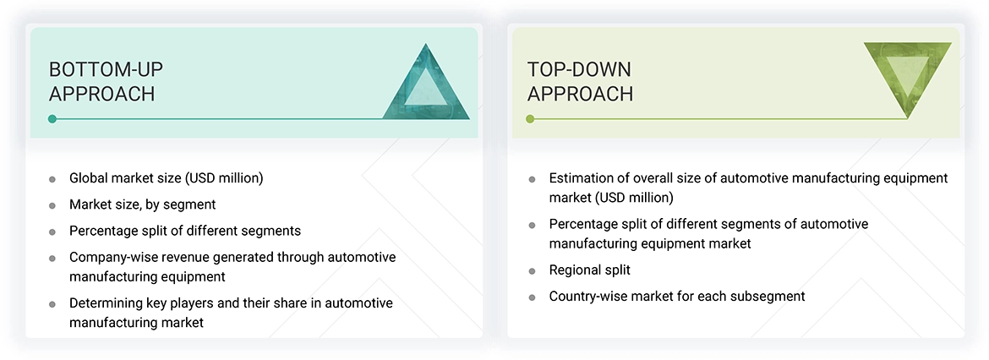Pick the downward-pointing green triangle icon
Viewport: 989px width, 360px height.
pos(907,78)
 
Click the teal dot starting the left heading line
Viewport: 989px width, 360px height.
pos(52,119)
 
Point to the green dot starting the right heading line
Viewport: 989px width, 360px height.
pos(530,119)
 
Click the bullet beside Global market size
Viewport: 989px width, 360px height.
pos(52,179)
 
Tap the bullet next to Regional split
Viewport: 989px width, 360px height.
pos(532,271)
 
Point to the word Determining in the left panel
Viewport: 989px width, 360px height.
pos(104,303)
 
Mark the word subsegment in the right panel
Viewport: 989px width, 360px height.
pos(769,296)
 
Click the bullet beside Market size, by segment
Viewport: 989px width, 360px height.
pos(52,205)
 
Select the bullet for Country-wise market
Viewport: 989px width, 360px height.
pos(532,297)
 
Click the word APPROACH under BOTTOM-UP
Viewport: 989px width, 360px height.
pos(102,94)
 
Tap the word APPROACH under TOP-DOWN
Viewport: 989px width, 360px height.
pos(580,94)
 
